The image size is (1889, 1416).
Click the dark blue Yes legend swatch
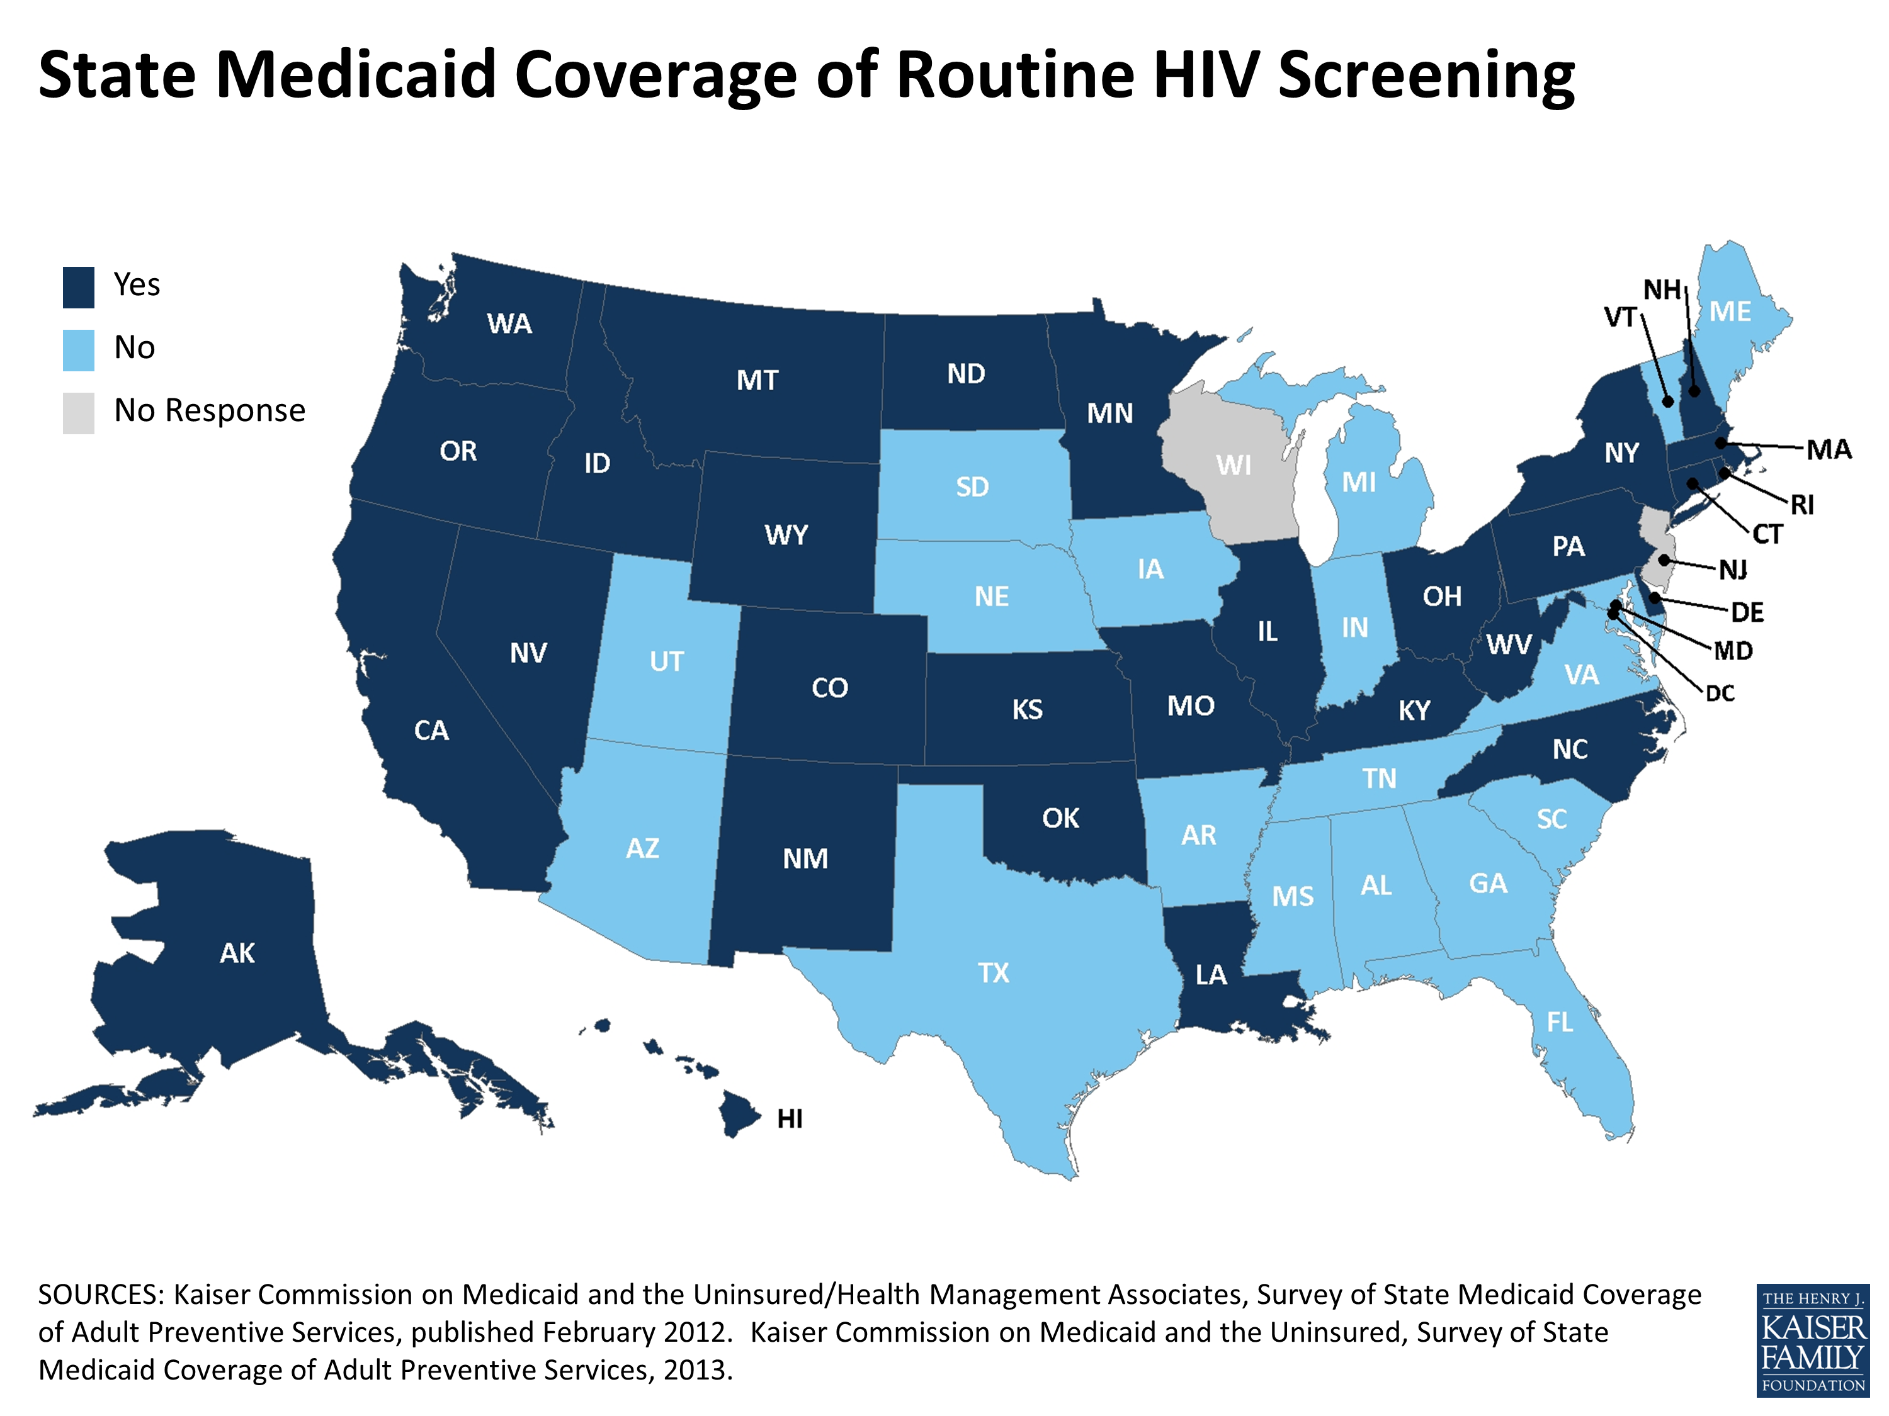(79, 287)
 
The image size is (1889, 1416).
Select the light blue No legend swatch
(79, 350)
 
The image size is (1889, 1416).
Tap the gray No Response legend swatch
(79, 413)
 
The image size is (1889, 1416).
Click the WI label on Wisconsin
(1233, 465)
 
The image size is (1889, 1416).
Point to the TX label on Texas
(993, 973)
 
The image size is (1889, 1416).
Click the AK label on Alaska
(237, 953)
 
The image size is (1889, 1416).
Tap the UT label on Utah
(666, 661)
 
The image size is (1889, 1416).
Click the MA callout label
(1829, 450)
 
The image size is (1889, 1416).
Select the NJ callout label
(1733, 570)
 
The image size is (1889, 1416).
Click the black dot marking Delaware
(1655, 597)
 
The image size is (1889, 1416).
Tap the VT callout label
(1619, 318)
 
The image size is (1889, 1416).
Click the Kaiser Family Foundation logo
(1812, 1340)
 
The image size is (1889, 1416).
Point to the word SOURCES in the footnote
(101, 1295)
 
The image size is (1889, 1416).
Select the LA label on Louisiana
(1210, 975)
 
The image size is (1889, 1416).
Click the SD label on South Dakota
(972, 487)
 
